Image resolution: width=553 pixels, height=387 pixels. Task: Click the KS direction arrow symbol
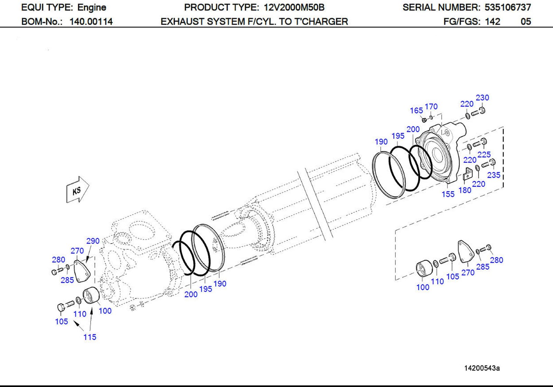[x=77, y=190]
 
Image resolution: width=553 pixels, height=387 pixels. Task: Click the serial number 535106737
[x=508, y=7]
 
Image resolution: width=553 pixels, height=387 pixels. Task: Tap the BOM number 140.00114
[x=91, y=22]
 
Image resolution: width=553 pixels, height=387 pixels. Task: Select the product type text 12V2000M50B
[x=294, y=7]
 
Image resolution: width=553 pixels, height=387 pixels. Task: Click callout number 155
[x=448, y=194]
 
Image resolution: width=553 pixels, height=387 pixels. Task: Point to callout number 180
[x=465, y=190]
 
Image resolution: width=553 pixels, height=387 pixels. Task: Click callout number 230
[x=482, y=98]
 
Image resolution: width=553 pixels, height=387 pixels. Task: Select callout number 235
[x=494, y=175]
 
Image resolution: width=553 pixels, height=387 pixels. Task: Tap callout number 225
[x=484, y=155]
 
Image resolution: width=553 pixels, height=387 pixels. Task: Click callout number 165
[x=416, y=110]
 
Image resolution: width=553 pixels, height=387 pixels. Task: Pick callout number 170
[x=431, y=107]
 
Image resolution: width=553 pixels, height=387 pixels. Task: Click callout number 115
[x=90, y=337]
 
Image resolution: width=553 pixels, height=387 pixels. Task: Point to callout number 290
[x=93, y=241]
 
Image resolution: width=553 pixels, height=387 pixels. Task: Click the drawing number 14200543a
[x=481, y=368]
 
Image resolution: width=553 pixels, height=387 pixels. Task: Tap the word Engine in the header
[x=92, y=7]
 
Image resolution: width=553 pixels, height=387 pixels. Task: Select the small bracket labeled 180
[x=467, y=174]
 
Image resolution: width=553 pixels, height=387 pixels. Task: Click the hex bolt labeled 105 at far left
[x=60, y=307]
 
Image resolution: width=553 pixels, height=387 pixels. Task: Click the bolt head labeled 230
[x=482, y=110]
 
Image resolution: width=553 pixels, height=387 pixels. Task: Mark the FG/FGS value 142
[x=492, y=22]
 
